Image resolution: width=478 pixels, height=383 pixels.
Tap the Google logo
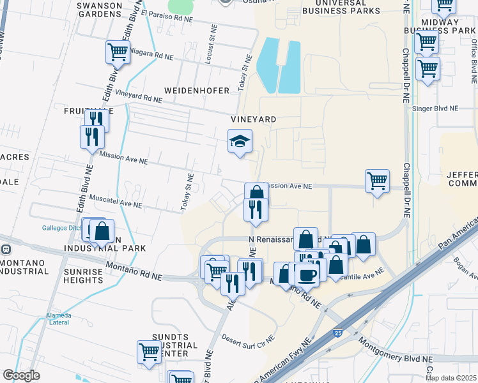(21, 375)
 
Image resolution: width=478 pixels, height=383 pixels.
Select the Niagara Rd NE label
(151, 56)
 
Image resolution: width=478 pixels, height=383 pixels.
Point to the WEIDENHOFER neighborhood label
(196, 91)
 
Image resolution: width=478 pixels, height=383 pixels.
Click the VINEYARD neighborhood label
(254, 119)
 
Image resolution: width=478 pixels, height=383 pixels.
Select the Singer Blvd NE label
(436, 109)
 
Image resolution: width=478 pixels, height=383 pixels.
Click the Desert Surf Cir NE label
(248, 337)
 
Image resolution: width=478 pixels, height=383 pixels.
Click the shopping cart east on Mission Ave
(378, 180)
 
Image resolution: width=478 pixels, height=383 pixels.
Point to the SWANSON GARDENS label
(98, 10)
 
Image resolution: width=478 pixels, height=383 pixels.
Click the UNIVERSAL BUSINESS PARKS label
(341, 6)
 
